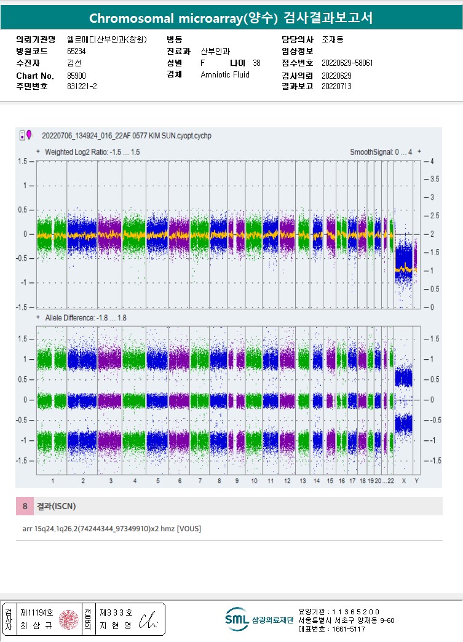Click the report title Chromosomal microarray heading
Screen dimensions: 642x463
(x=231, y=18)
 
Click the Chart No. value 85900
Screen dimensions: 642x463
(x=76, y=76)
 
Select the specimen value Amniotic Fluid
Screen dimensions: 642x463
(x=225, y=74)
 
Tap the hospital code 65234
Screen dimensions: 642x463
(x=76, y=51)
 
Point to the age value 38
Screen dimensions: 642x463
(x=256, y=63)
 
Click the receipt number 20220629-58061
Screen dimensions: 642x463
(x=347, y=63)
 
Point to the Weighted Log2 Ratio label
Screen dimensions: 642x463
(x=92, y=151)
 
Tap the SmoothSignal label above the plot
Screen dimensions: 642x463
(x=381, y=151)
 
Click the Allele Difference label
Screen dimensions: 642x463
(x=85, y=317)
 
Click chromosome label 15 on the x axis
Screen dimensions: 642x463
(x=330, y=480)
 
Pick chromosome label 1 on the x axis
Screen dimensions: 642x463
(x=52, y=480)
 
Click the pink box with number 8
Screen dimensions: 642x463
(x=25, y=506)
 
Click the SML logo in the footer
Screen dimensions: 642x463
(x=237, y=619)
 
